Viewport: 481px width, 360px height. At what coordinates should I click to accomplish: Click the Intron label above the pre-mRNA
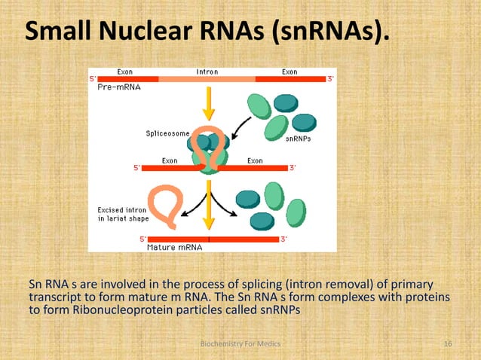pyautogui.click(x=207, y=72)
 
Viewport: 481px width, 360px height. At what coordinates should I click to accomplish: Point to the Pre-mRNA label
pyautogui.click(x=119, y=87)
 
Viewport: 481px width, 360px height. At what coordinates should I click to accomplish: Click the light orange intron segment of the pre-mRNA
pyautogui.click(x=207, y=79)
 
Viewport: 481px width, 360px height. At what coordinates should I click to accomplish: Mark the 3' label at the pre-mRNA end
pyautogui.click(x=331, y=78)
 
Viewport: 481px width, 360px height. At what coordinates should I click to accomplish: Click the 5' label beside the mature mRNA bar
pyautogui.click(x=142, y=239)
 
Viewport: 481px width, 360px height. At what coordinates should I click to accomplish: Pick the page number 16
pyautogui.click(x=448, y=343)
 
